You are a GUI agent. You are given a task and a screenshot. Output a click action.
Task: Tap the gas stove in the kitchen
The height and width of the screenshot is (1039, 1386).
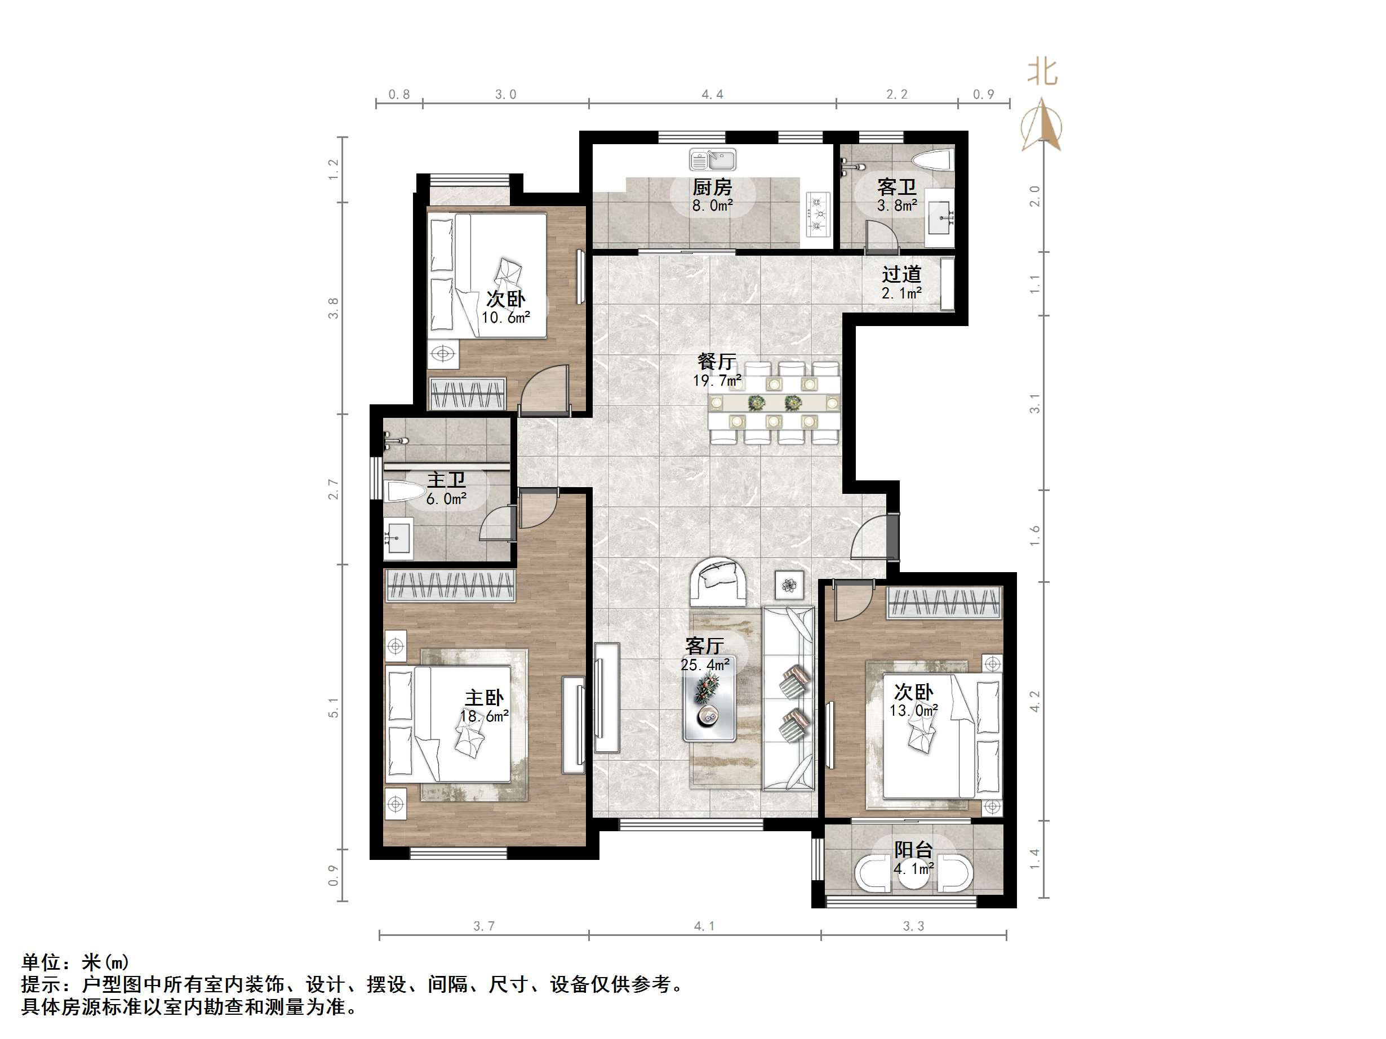pos(818,214)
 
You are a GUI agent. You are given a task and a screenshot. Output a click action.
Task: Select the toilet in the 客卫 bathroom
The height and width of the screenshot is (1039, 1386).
pos(933,160)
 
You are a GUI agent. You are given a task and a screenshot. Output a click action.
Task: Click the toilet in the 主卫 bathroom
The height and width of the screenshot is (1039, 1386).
pos(403,492)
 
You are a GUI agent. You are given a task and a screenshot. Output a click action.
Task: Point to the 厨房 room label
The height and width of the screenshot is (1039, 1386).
pos(712,186)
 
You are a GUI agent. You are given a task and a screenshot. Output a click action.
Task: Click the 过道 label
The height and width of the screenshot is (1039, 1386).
pos(901,274)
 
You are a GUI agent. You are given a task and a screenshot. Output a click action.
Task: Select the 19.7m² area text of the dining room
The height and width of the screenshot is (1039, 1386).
pos(717,380)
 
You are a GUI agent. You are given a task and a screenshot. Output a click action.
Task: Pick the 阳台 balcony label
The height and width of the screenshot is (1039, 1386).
pos(913,850)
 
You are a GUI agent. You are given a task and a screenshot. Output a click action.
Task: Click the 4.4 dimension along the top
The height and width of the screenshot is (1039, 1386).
pos(712,95)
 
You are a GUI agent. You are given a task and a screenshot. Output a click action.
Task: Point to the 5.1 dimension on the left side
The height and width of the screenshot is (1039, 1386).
pos(334,707)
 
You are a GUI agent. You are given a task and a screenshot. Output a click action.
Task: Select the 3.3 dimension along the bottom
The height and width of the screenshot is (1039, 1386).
pos(913,926)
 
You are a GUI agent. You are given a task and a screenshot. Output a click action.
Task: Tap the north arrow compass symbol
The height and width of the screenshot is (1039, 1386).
pos(1041,125)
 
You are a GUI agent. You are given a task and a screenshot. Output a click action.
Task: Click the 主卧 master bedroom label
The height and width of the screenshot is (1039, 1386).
pos(484,698)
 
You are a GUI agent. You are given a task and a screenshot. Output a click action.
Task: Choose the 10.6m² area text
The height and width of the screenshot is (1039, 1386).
pos(505,318)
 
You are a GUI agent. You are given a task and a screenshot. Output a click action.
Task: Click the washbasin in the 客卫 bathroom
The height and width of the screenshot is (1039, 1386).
pos(940,217)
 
